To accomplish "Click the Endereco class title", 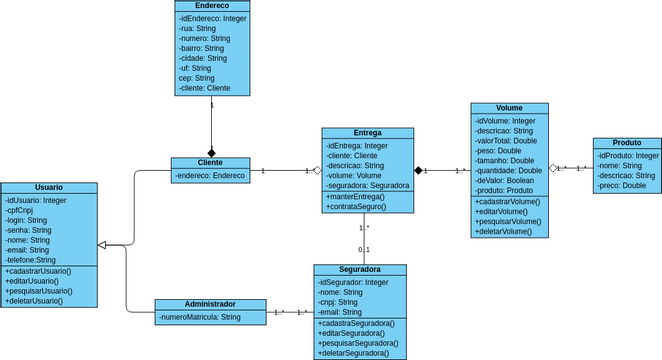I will (x=211, y=6).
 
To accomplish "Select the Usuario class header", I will (x=49, y=188).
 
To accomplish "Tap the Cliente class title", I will (x=210, y=163).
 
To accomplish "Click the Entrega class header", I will (x=367, y=133).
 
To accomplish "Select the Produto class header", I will (x=626, y=143).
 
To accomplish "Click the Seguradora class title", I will (x=360, y=270).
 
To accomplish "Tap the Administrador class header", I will (x=210, y=304).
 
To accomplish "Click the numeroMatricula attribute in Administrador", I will (x=200, y=317).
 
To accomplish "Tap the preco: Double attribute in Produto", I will (x=622, y=186).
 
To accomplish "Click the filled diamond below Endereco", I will (x=211, y=151).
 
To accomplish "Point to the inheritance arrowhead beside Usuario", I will (x=103, y=245).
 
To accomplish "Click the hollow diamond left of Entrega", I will (x=316, y=171).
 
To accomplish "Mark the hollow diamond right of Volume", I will (x=552, y=168).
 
